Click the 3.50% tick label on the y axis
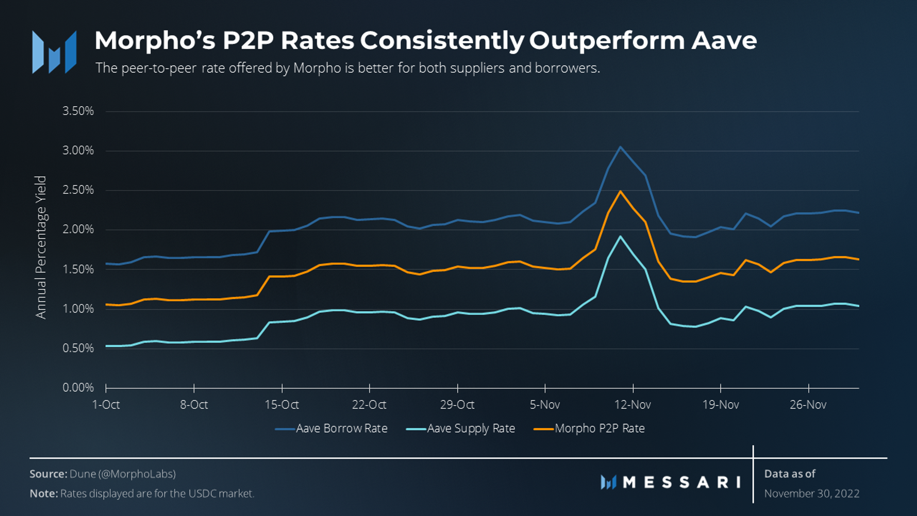coord(78,111)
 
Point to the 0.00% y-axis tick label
coord(78,388)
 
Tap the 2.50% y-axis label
coord(78,190)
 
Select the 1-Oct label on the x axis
coord(106,405)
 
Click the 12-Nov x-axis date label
coord(633,405)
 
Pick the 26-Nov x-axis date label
coord(808,405)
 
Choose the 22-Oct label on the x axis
coord(369,405)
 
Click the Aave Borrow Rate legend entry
coord(341,428)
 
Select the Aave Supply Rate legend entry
coord(470,428)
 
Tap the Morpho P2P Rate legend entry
coord(599,428)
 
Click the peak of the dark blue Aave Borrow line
coord(620,147)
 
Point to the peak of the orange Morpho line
coord(620,191)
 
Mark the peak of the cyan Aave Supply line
coord(620,236)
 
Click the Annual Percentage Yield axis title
coord(41,247)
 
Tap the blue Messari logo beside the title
coord(54,52)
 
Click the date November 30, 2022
coord(812,493)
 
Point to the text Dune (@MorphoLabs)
coord(122,474)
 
